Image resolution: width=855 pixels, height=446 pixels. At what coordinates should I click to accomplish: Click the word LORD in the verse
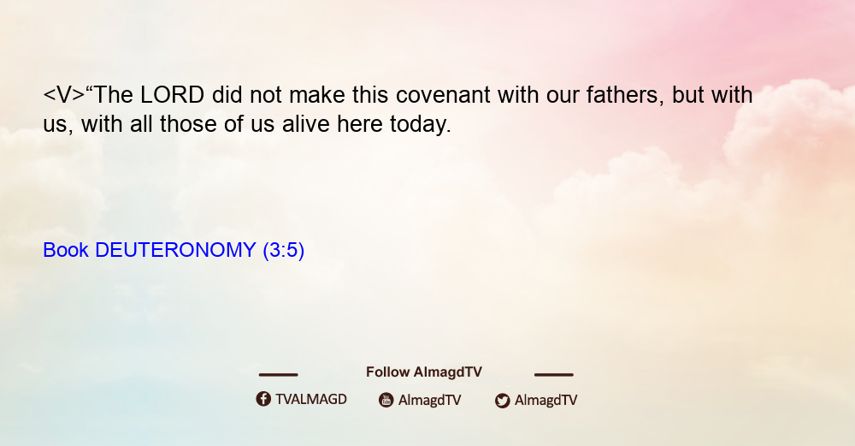173,95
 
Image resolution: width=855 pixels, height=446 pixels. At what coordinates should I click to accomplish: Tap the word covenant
443,95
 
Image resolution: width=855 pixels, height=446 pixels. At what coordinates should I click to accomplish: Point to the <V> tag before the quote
64,95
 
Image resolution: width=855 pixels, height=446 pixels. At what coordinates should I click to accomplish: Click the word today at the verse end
421,124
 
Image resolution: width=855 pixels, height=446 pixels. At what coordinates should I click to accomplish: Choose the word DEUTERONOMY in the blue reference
175,250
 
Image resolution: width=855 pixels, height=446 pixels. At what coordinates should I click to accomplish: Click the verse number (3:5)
284,250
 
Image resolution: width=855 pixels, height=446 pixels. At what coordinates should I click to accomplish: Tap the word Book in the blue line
66,250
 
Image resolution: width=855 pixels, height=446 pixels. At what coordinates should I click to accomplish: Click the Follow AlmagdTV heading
424,372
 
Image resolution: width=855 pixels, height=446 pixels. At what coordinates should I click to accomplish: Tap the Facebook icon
263,399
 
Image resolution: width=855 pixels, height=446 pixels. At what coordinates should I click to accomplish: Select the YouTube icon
386,400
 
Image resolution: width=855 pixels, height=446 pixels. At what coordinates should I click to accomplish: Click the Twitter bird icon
503,401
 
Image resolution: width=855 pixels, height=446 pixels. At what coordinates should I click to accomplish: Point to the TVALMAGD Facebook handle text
311,399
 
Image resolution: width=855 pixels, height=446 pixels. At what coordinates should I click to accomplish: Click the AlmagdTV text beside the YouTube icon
430,400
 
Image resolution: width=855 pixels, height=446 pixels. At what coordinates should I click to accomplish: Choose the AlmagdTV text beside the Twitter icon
545,400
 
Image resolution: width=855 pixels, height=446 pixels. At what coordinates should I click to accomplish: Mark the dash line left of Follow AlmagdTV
278,374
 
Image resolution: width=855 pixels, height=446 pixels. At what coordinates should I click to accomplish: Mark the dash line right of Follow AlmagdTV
554,374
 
